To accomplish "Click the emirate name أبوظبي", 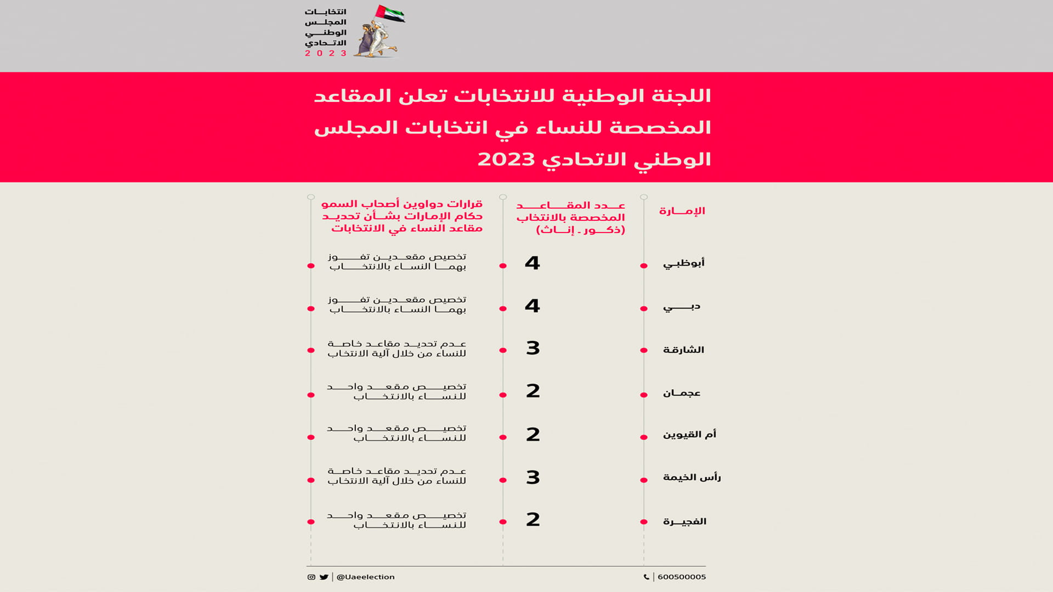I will coord(683,263).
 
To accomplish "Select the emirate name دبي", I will coord(682,306).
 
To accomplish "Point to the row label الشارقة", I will coord(683,350).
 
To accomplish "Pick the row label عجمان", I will coord(682,393).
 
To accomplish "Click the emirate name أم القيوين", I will coord(689,435).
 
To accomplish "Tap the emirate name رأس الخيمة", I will coord(692,477).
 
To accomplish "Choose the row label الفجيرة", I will coord(684,521).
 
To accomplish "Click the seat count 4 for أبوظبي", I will coord(532,263).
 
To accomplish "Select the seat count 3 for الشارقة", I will coord(533,348).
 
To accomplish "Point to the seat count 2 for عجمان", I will coord(533,391).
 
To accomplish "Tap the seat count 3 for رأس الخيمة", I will coord(533,477).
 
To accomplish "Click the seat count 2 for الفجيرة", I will coord(533,520).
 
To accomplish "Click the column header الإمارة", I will coord(682,211).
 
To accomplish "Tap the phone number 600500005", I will coord(681,577).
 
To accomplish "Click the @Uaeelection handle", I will coord(365,577).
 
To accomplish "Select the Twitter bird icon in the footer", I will coord(324,577).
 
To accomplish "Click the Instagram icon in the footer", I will coord(312,577).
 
